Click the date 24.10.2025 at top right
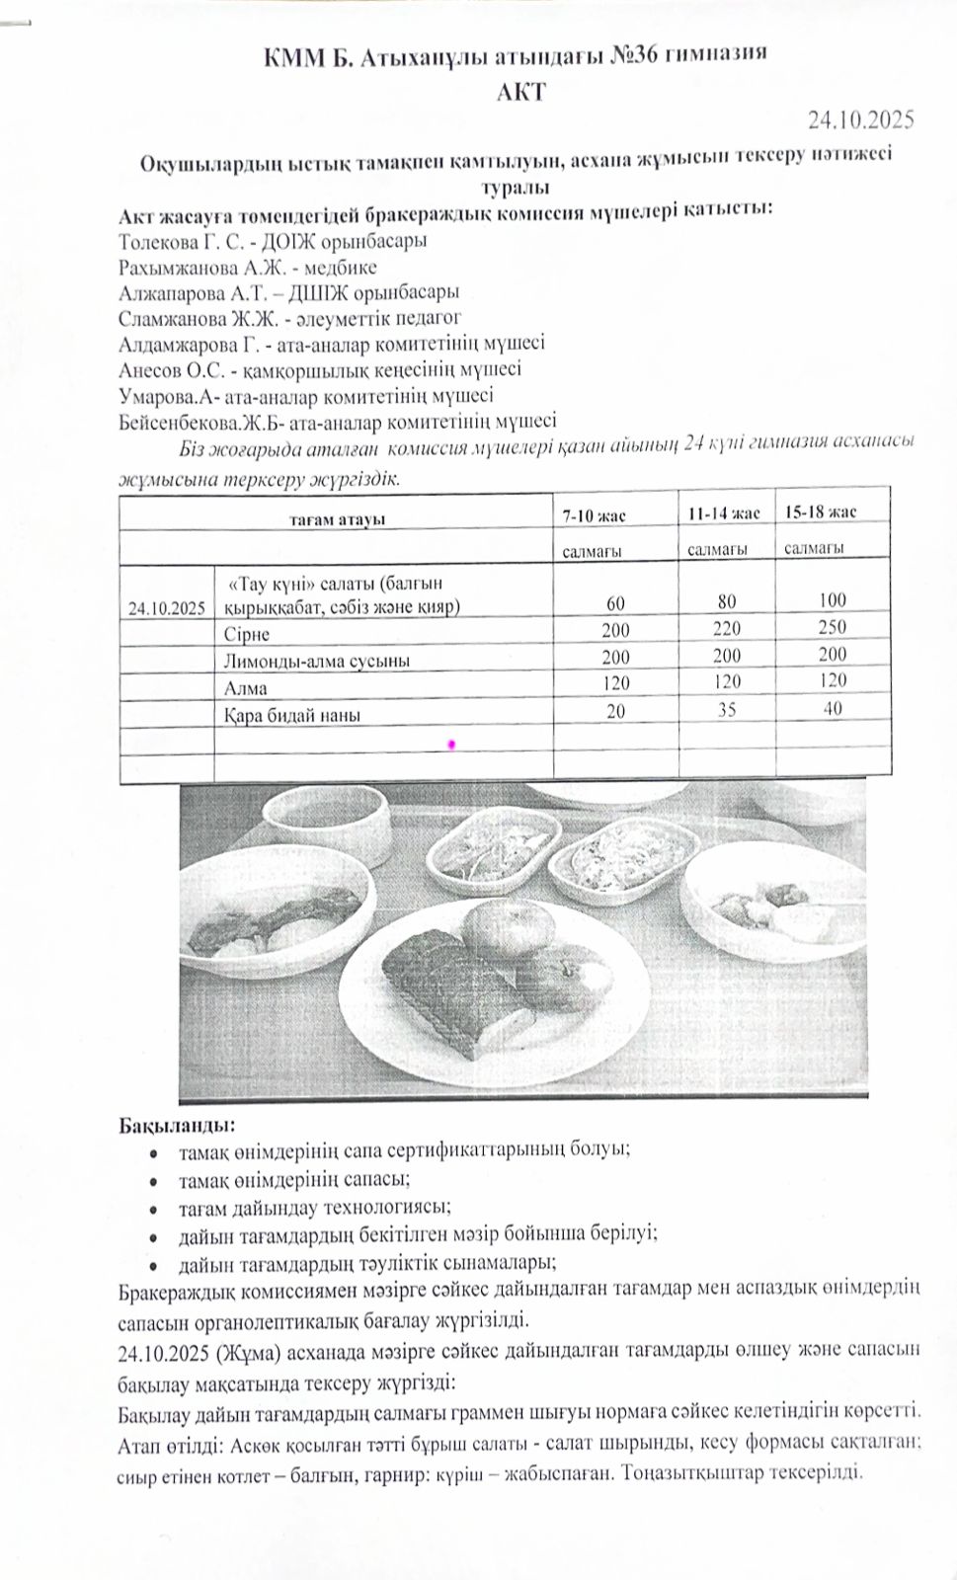tap(860, 120)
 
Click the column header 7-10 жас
tap(594, 514)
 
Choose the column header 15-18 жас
tap(821, 512)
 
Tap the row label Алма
tap(246, 688)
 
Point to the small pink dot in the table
tap(451, 743)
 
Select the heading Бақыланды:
tap(177, 1125)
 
